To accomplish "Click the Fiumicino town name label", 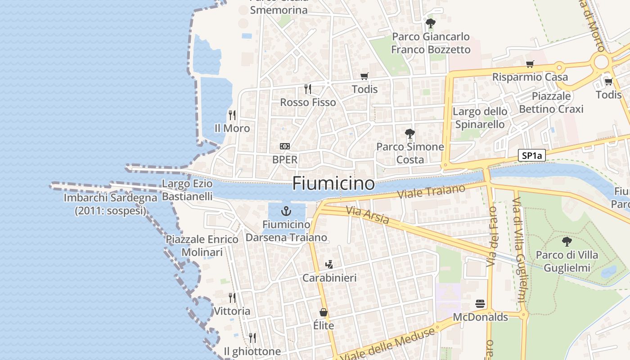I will [x=333, y=184].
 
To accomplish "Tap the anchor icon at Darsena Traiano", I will [x=286, y=211].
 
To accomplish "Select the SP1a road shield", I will [x=531, y=156].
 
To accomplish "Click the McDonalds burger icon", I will [x=480, y=304].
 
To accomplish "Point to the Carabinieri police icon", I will [x=329, y=264].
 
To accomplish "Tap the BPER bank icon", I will [x=285, y=146].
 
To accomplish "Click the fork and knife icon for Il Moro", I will [x=232, y=115].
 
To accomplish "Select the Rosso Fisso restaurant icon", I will [x=308, y=89].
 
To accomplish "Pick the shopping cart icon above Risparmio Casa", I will [x=530, y=64].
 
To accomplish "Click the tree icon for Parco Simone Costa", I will [x=409, y=133].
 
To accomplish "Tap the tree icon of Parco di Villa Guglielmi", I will [x=567, y=242].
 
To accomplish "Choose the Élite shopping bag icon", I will [x=323, y=312].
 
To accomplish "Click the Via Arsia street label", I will [x=368, y=215].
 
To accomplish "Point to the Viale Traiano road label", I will [x=432, y=192].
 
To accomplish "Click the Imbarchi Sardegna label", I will [x=110, y=204].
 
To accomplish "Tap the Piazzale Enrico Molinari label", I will [x=202, y=245].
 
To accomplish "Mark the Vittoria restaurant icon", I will [x=232, y=297].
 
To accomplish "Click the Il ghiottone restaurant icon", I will [x=252, y=337].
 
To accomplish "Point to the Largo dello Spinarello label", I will [x=480, y=117].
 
